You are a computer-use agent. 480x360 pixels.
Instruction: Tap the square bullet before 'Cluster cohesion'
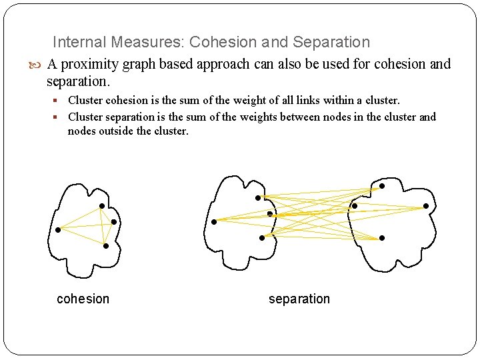point(59,101)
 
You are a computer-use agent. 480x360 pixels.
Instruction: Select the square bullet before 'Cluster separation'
point(59,117)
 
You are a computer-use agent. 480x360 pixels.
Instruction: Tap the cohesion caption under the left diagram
point(83,299)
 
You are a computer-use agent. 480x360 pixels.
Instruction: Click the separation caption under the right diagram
point(299,299)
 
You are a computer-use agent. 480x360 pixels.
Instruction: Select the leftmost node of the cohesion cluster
point(58,230)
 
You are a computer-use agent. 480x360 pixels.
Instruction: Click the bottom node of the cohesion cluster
point(106,246)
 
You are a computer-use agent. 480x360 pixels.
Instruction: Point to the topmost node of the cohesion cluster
point(101,205)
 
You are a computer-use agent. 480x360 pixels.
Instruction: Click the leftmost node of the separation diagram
point(213,221)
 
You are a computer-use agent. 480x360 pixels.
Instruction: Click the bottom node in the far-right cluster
point(381,238)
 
